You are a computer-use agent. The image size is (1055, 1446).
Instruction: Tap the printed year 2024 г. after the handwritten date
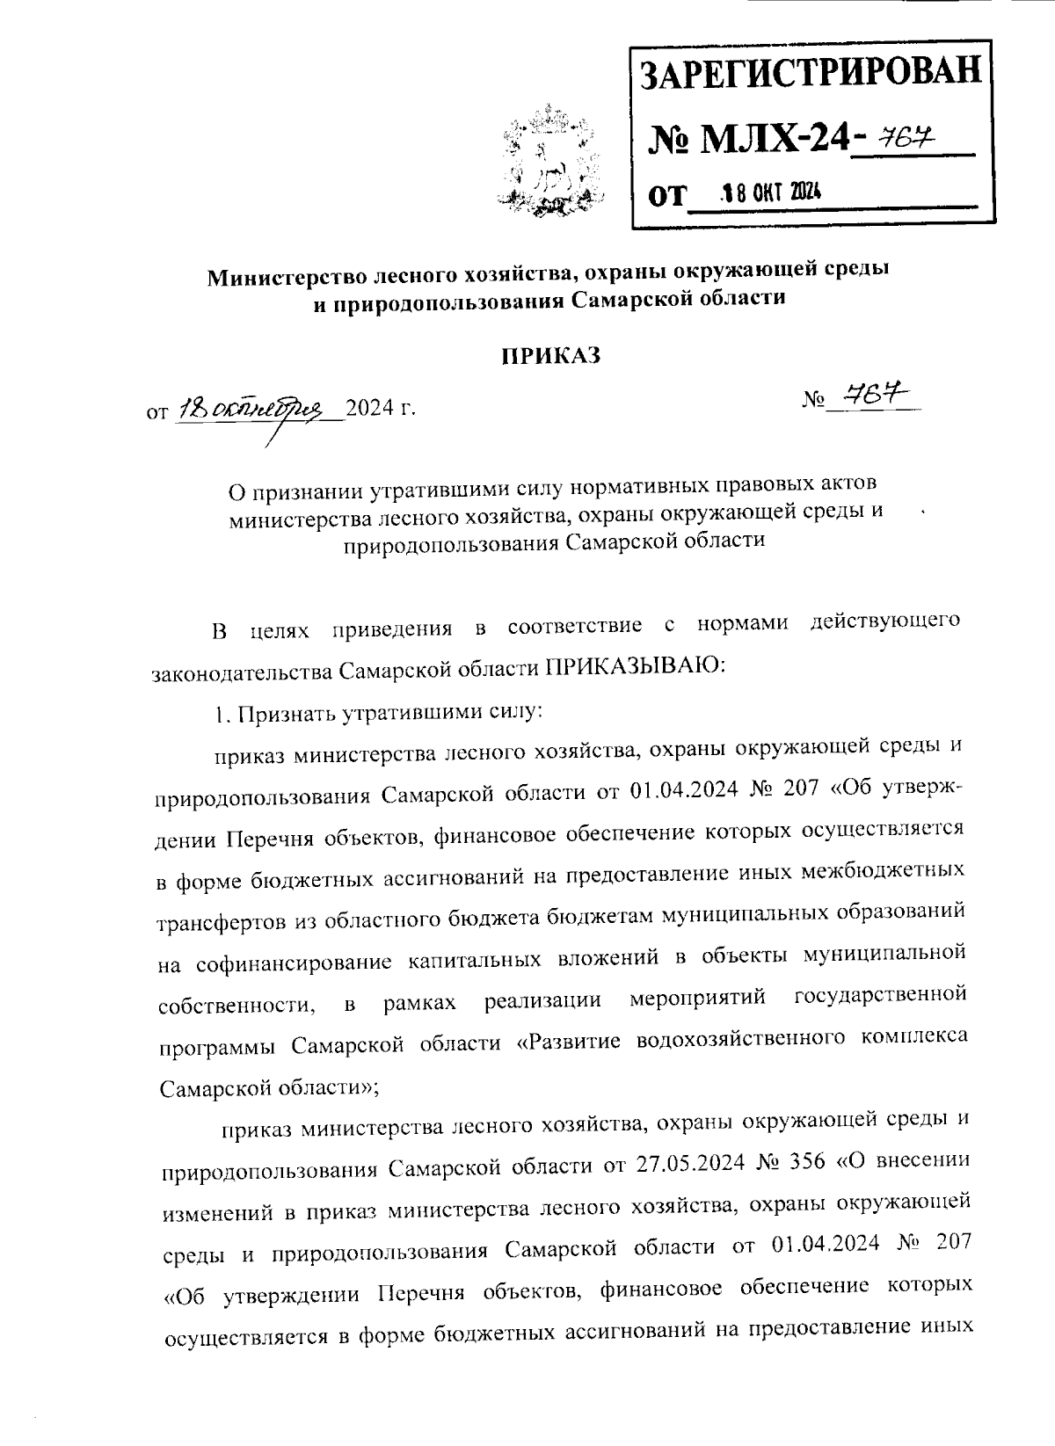(380, 409)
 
